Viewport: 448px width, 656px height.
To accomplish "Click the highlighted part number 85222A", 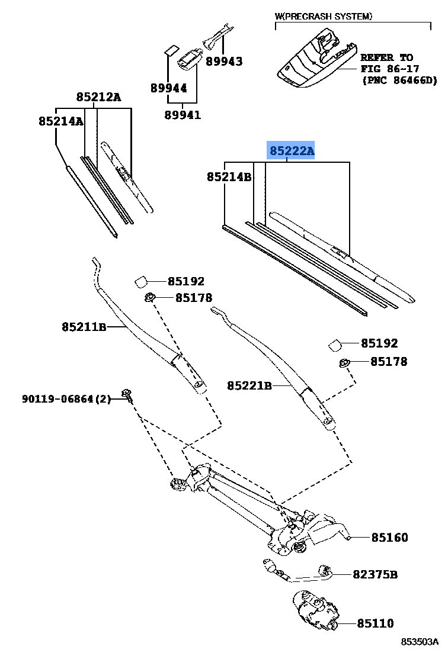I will [x=292, y=152].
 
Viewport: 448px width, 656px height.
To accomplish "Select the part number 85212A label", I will [x=98, y=97].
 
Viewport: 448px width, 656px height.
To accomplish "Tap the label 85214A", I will [x=60, y=121].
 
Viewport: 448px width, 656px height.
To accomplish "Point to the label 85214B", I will [x=229, y=176].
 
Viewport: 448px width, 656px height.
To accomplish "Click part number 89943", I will [x=224, y=61].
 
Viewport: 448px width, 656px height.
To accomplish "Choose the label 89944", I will [x=168, y=88].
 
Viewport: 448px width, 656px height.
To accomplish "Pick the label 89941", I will [x=183, y=115].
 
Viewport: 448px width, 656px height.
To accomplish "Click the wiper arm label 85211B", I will [x=84, y=326].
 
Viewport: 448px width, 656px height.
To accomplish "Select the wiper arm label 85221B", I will [x=249, y=386].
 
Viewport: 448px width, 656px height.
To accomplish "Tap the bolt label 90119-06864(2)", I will [x=66, y=400].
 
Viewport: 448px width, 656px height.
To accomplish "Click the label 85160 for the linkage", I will [x=389, y=538].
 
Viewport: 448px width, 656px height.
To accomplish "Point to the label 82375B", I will [x=375, y=574].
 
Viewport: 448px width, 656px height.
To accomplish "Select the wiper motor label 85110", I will [x=375, y=623].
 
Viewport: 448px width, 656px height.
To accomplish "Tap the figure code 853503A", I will [x=419, y=642].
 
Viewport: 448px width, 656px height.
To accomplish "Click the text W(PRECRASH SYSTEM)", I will [x=324, y=16].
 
